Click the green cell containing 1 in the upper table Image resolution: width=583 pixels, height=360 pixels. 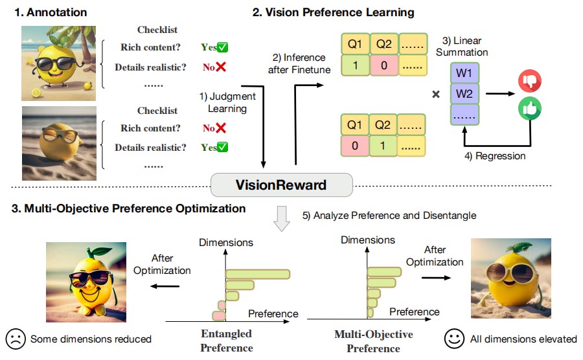(x=354, y=66)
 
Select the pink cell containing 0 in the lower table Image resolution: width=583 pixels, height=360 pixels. (x=354, y=146)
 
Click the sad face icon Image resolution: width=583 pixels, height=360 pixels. (x=15, y=339)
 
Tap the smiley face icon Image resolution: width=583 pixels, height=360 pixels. (x=455, y=339)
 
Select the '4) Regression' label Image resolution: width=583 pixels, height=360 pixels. (x=494, y=156)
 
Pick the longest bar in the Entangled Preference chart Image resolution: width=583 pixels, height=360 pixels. (x=258, y=275)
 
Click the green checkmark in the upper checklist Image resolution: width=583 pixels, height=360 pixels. (x=223, y=47)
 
